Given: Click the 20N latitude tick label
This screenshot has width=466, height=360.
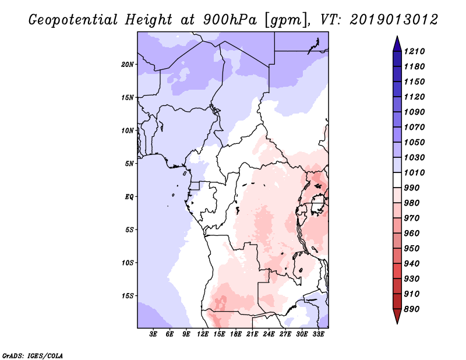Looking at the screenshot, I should point(128,64).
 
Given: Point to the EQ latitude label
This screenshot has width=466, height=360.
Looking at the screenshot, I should point(129,196).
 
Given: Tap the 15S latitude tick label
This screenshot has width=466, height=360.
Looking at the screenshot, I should point(128,295).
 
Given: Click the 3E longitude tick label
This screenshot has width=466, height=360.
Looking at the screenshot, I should point(153,334).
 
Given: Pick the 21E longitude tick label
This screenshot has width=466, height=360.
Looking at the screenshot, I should point(252,334).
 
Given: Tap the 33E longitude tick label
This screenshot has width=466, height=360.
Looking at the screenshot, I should point(318,334).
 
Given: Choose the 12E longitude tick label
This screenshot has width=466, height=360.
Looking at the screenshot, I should point(203,334).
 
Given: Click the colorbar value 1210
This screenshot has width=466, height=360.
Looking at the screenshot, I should point(416,51).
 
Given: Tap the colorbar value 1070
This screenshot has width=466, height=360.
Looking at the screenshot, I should point(416,127).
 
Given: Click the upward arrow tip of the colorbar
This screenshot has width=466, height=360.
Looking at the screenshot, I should point(396,37).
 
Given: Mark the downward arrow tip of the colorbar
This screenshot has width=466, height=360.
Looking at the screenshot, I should point(396,322).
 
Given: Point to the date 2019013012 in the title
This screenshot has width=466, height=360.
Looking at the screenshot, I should point(394,20).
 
